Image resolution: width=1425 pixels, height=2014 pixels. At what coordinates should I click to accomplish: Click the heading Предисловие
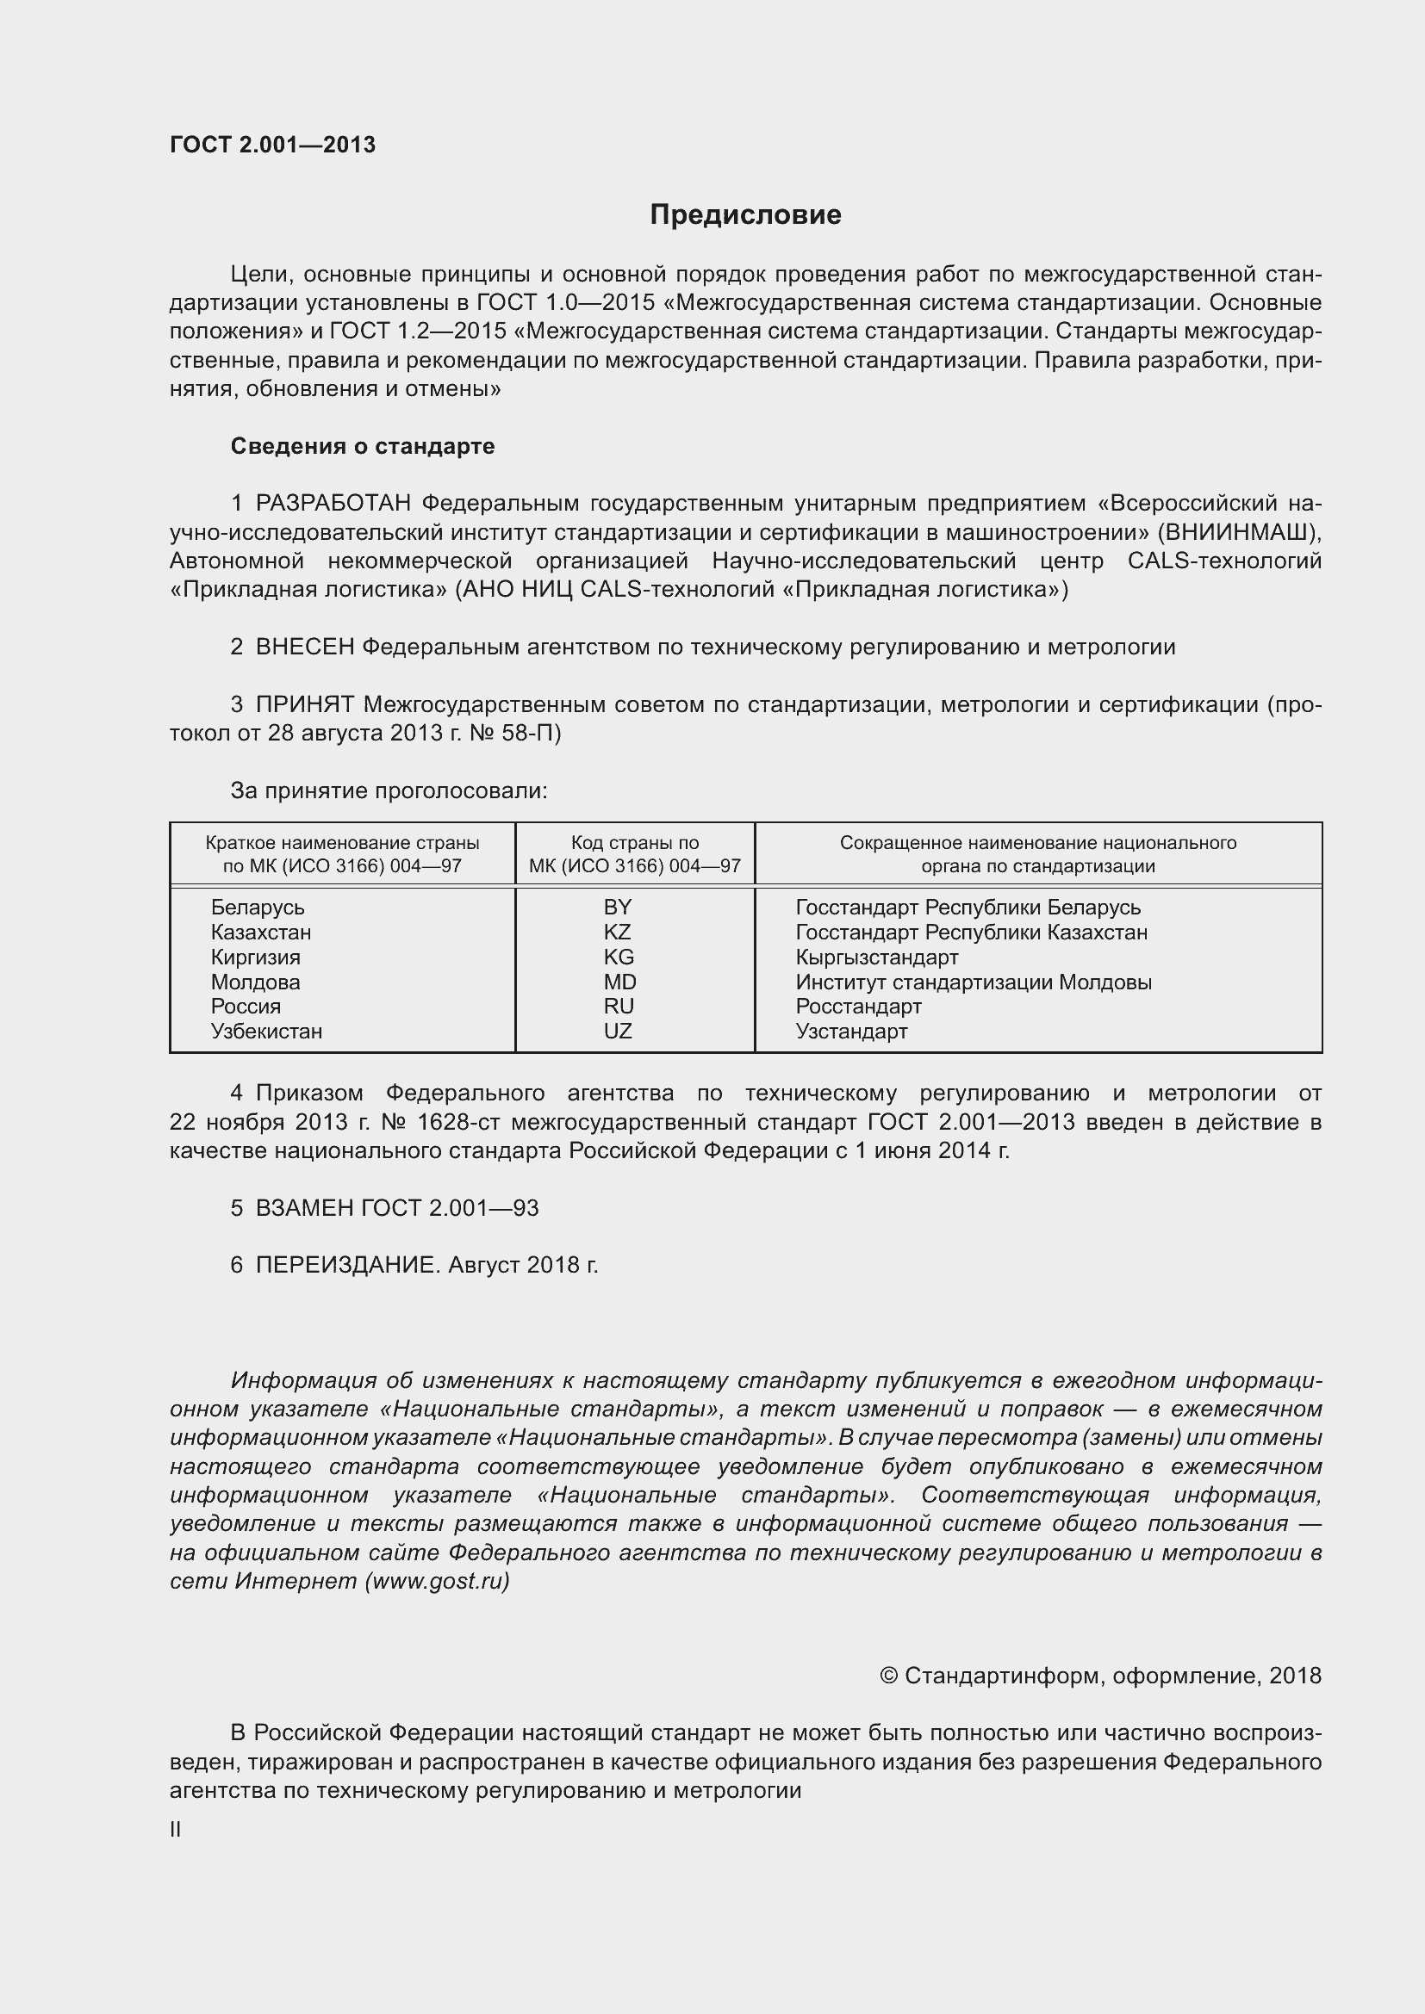745,215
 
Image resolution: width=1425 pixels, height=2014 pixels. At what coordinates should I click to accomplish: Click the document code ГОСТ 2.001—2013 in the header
273,145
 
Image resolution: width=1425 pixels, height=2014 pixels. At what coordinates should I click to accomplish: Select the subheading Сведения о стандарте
363,447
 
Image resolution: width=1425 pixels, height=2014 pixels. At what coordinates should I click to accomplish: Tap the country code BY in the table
618,907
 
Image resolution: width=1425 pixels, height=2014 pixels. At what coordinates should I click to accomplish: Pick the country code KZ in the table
618,932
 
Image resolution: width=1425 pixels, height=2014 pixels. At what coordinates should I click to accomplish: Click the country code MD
619,982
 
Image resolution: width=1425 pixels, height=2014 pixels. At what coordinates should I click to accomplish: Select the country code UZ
618,1031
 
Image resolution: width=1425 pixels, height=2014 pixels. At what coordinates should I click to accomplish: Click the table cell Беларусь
257,907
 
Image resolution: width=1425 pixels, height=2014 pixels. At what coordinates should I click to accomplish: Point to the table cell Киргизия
255,957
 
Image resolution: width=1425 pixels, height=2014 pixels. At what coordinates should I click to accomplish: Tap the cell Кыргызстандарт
876,957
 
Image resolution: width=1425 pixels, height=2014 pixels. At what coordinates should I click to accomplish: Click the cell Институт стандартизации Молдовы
973,982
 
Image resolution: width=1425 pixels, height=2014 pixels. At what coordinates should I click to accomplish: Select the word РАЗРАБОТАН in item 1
333,504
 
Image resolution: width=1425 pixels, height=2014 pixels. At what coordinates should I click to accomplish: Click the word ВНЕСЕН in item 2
304,648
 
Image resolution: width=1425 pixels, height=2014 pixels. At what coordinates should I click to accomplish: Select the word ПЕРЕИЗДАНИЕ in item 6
345,1265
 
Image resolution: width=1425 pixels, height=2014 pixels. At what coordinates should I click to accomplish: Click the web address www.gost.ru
437,1581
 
